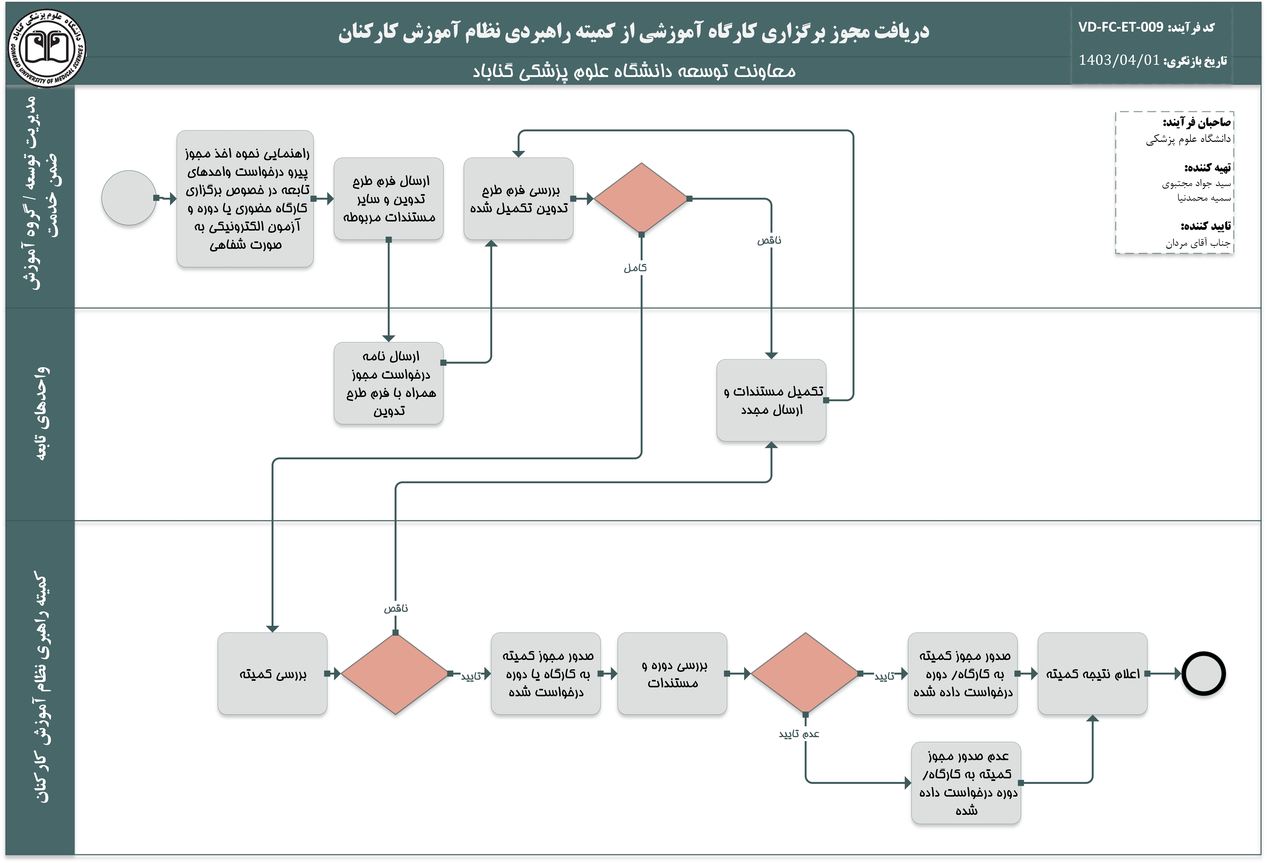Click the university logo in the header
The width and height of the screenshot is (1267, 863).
point(47,48)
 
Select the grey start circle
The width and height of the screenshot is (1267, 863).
point(129,198)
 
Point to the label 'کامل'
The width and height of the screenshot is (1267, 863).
point(635,268)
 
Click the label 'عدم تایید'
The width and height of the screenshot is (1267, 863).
point(799,734)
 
